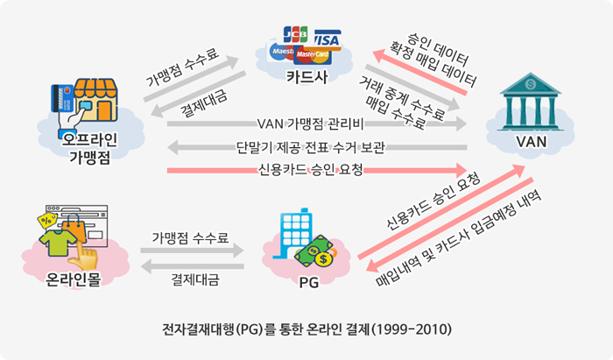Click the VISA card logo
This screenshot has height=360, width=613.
[326, 39]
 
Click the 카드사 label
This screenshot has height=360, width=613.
[307, 77]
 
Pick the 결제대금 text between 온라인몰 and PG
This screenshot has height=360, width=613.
[194, 281]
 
